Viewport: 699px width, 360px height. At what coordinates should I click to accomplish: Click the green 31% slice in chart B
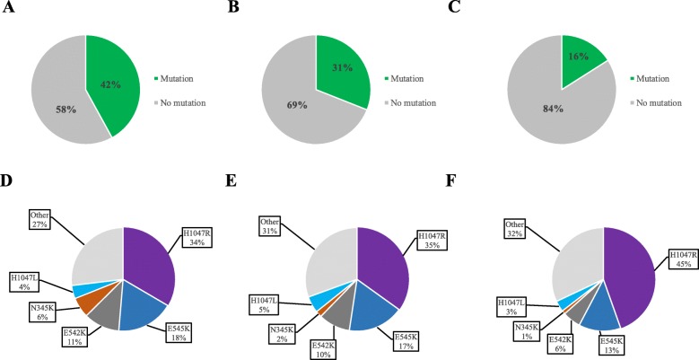(342, 68)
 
